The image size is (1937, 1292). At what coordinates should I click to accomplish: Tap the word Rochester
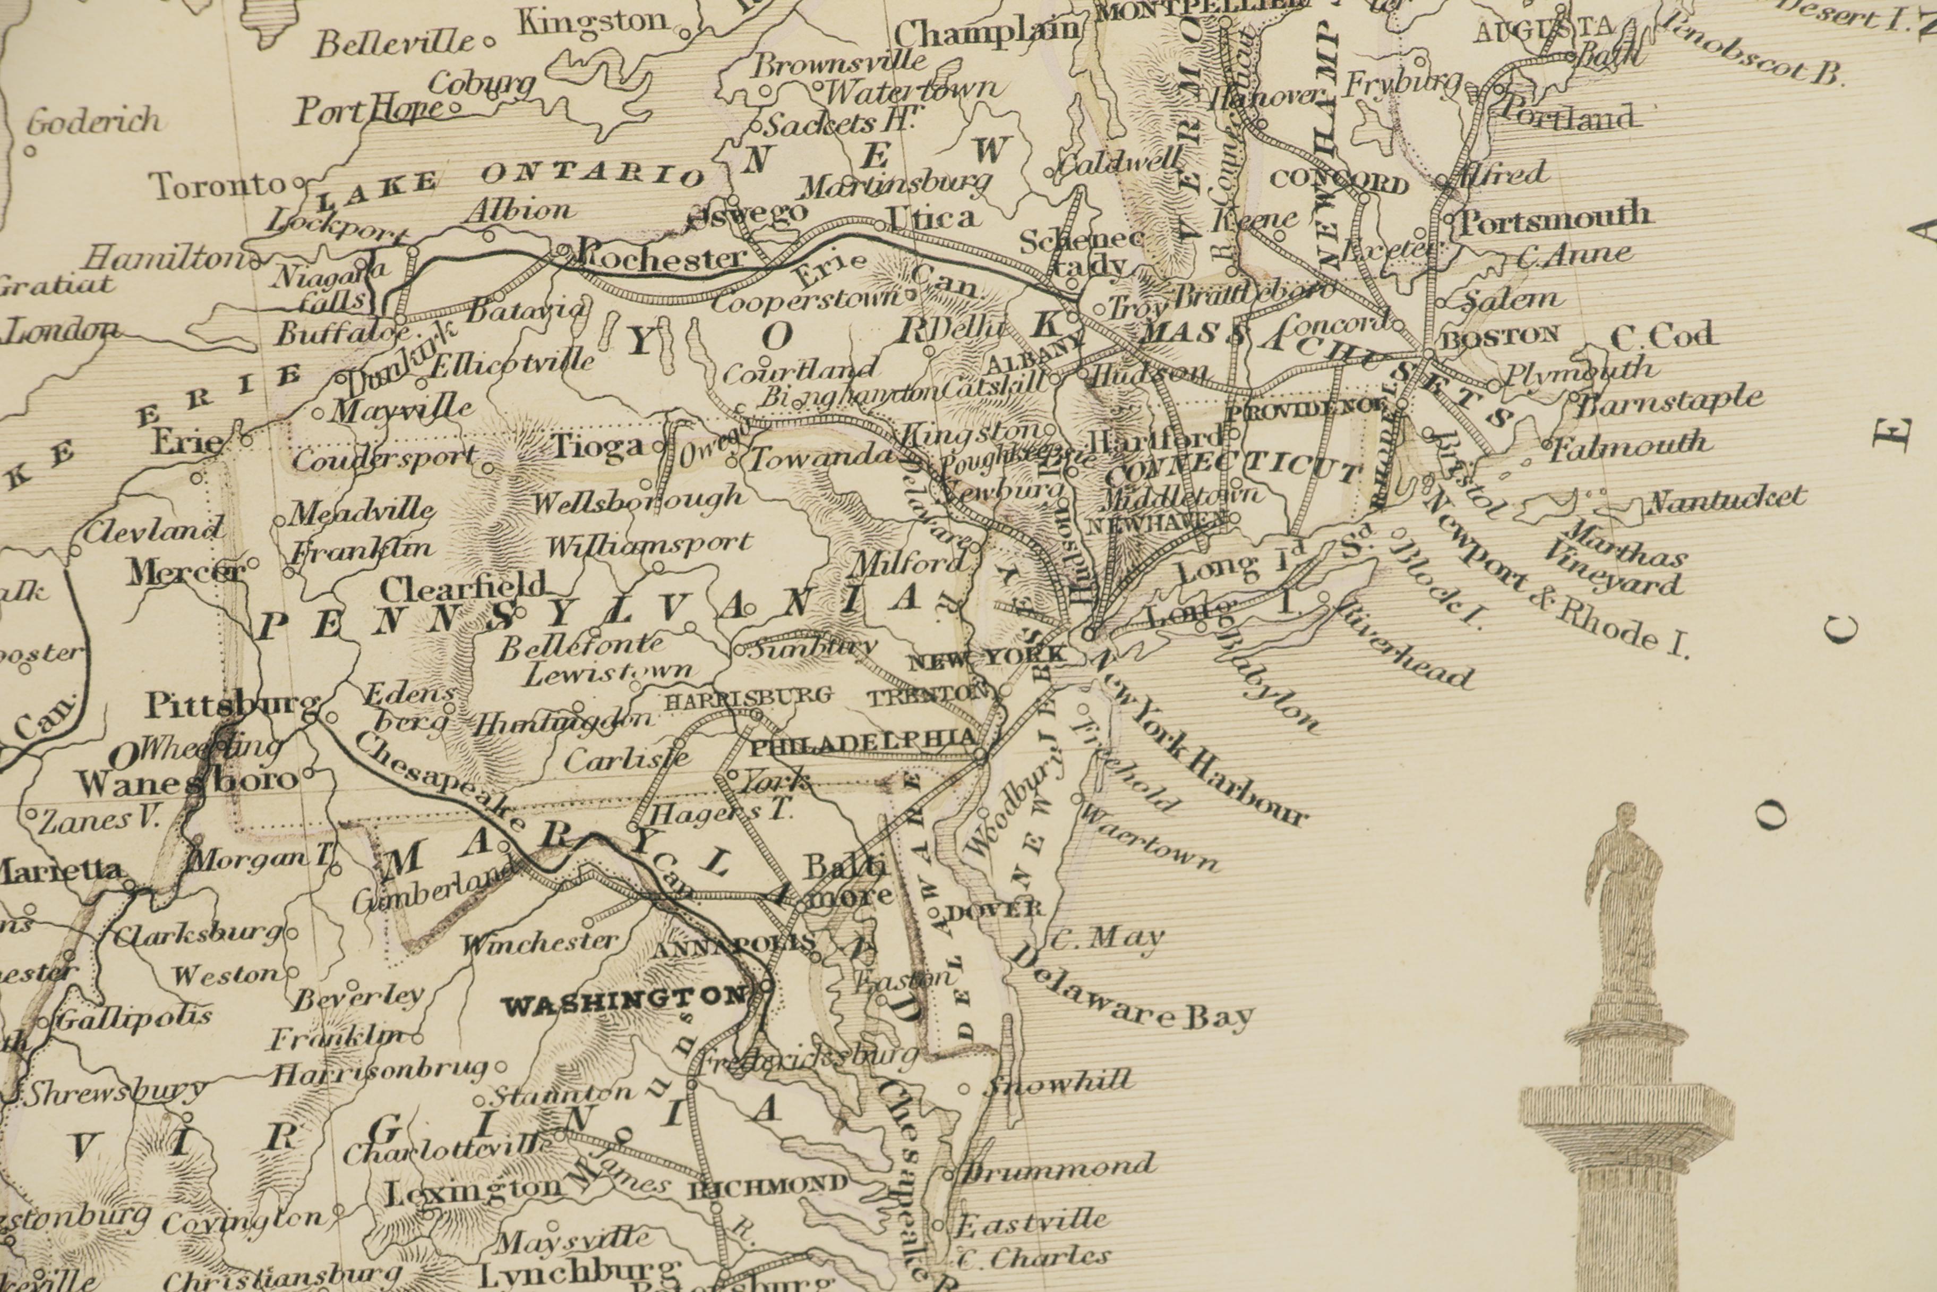[661, 257]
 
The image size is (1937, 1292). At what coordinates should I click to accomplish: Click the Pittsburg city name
[232, 705]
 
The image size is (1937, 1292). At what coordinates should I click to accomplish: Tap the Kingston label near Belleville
[592, 21]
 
